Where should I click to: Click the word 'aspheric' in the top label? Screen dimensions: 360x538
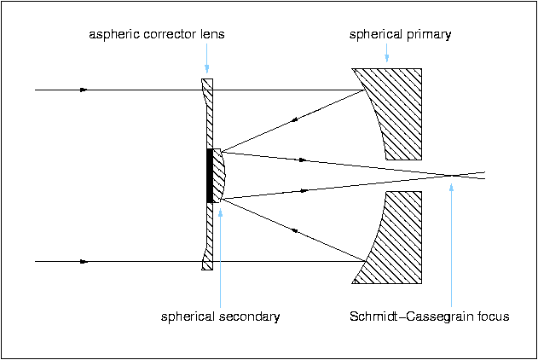coord(113,35)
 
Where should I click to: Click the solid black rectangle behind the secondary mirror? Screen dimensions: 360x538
coord(209,175)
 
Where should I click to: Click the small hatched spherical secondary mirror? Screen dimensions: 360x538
coord(219,175)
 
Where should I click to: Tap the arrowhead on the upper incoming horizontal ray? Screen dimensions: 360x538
coord(84,90)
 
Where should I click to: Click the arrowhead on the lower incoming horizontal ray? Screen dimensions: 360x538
coord(84,262)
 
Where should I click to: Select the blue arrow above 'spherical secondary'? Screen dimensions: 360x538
coord(220,256)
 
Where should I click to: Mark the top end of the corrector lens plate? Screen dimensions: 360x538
coord(206,82)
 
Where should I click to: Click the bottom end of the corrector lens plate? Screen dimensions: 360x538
coord(206,268)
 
